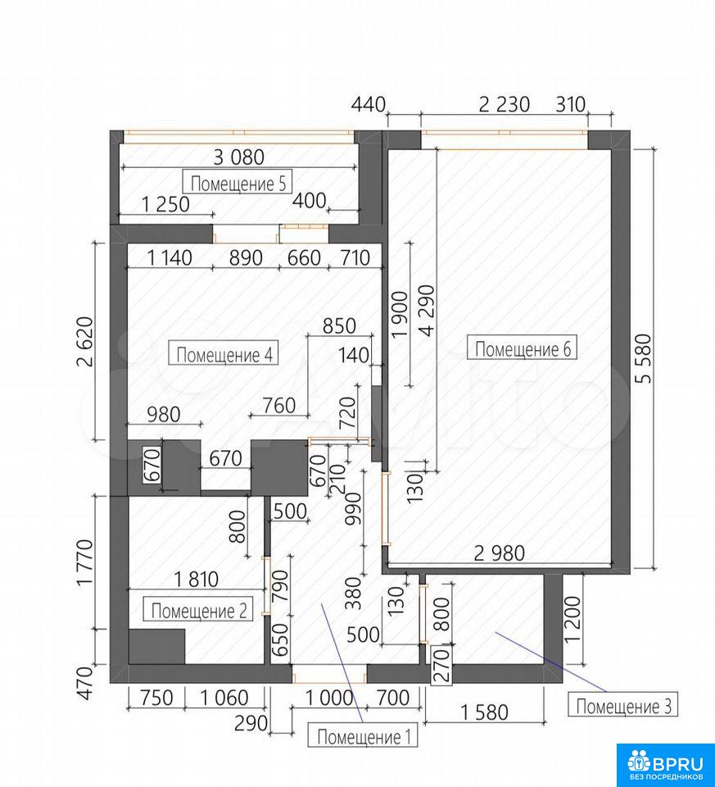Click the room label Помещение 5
[238, 183]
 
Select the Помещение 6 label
[522, 348]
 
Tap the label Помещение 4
[224, 354]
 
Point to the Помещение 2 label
[198, 610]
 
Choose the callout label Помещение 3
[623, 706]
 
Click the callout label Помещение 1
[364, 736]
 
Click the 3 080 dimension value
[238, 157]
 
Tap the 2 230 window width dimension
[504, 104]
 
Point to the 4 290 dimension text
[428, 312]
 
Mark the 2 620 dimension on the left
[84, 342]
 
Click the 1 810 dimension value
[196, 579]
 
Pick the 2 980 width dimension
[499, 553]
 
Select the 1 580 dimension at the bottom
[484, 712]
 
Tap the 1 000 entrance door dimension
[328, 697]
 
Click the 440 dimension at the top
[368, 105]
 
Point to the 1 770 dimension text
[84, 562]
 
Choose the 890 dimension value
[246, 257]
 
